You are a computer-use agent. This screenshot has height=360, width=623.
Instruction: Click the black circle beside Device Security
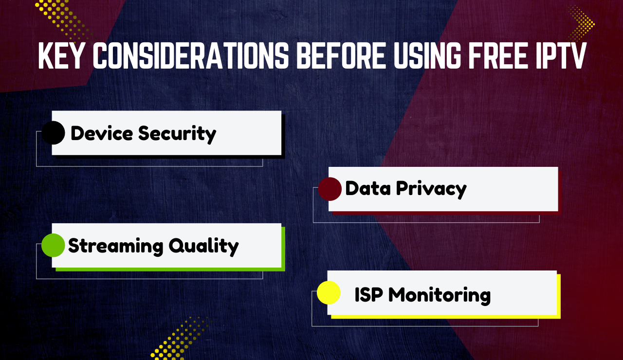pyautogui.click(x=53, y=133)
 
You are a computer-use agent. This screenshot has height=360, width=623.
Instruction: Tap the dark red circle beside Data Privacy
pyautogui.click(x=330, y=189)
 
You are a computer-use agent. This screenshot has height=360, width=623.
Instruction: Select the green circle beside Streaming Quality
pyautogui.click(x=53, y=245)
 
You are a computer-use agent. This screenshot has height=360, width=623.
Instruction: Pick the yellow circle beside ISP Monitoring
pyautogui.click(x=329, y=293)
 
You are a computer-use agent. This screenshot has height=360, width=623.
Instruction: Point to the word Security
pyautogui.click(x=177, y=134)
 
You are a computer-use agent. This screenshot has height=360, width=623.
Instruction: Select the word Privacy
pyautogui.click(x=431, y=189)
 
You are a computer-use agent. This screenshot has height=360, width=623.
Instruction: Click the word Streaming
pyautogui.click(x=115, y=246)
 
